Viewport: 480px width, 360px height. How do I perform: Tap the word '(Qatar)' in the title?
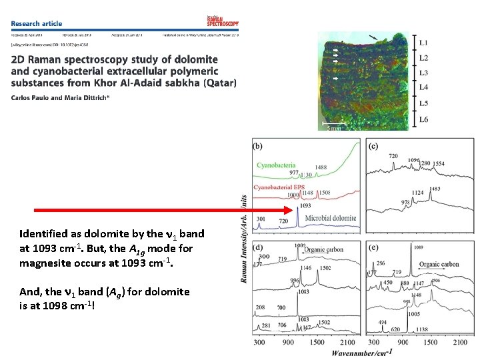(219, 83)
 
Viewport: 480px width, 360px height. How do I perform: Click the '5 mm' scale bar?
(332, 126)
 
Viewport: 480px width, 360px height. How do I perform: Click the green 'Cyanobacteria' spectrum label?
(276, 164)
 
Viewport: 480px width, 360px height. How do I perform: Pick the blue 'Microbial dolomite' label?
(331, 218)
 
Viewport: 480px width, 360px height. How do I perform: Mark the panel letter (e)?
(373, 247)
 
